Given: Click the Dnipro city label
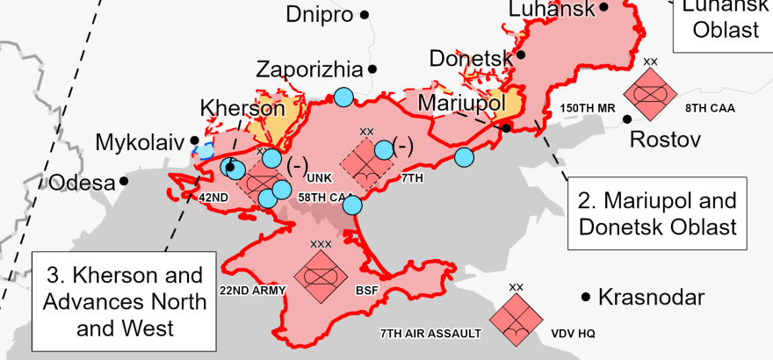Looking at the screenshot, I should coord(319,14).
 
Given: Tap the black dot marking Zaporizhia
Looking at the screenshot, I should coord(373,68).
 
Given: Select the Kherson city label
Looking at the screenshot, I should coord(242,108).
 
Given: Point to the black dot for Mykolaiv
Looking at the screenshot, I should coord(194,139).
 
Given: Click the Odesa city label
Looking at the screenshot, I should coord(82,183).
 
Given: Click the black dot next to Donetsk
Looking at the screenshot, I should coord(521,54).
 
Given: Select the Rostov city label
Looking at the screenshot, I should coord(665,140).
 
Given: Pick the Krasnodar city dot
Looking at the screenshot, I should coord(585,297).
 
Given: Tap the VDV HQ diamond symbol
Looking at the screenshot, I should coord(517,318).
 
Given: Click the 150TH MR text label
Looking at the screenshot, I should coord(587,109).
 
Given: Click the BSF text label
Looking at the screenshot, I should coord(366,290).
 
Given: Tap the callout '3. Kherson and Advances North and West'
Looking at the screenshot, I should coord(124,301).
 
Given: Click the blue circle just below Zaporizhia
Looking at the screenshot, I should coord(343,97).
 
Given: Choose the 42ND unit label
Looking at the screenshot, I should coord(213,198).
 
